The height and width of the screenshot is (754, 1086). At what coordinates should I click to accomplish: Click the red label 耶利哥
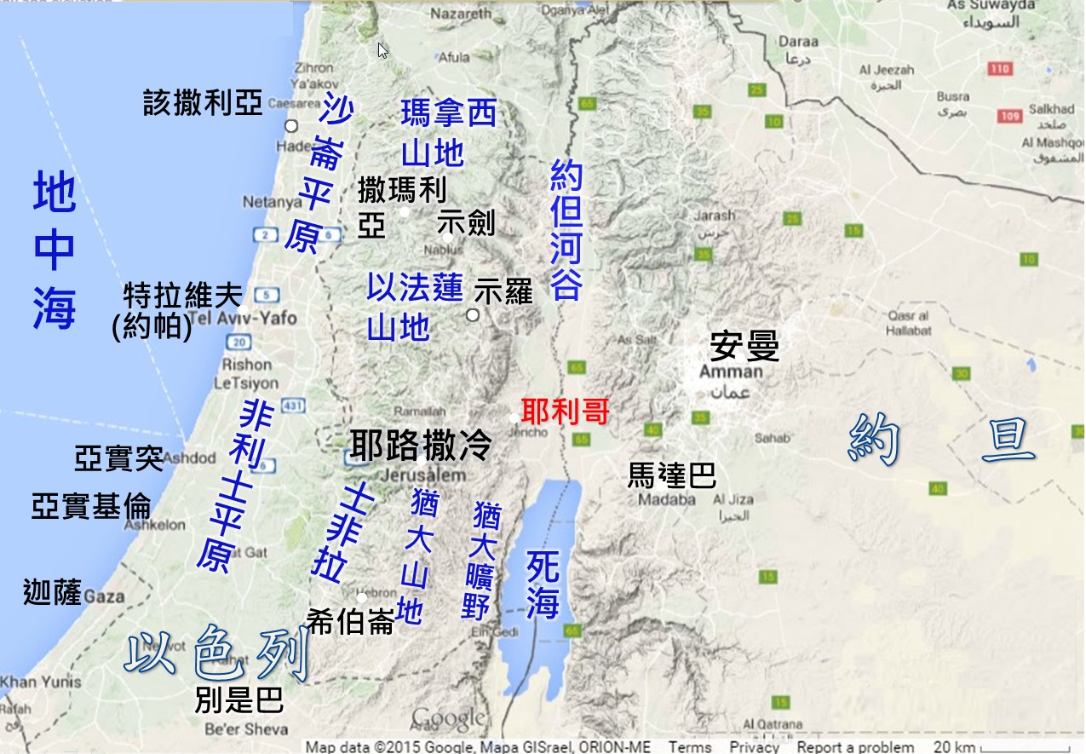point(566,412)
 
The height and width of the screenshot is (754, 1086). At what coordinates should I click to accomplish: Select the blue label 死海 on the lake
point(543,584)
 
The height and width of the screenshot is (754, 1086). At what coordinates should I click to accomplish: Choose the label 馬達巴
point(671,475)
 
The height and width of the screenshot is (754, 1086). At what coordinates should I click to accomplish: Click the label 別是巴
point(238,700)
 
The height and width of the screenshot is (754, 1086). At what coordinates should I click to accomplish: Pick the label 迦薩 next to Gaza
point(53,591)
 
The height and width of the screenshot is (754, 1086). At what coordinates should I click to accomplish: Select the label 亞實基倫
point(91,505)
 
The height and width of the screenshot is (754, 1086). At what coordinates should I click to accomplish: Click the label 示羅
point(503,291)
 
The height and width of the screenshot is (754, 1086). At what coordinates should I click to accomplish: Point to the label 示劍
point(465,222)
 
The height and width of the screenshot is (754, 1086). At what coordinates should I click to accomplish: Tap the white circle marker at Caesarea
point(291,126)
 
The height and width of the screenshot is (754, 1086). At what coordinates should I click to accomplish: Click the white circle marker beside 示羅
point(473,315)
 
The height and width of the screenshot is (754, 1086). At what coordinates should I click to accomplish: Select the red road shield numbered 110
point(1000,69)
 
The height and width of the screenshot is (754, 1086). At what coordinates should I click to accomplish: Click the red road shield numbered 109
point(1011,116)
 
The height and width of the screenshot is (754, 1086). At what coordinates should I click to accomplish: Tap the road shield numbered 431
point(292,406)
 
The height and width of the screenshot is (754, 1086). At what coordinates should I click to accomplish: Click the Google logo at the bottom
point(448,718)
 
